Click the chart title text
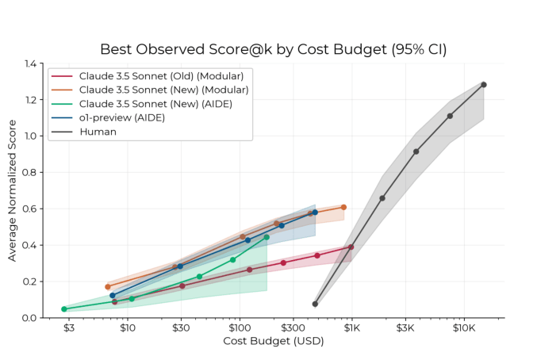[273, 49]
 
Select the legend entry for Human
[98, 132]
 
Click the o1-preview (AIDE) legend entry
[121, 117]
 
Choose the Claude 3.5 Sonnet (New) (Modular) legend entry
[163, 90]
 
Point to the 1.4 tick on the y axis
[31, 63]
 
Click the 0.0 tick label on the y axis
[31, 318]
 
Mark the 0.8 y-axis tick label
[31, 173]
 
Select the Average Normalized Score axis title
[12, 190]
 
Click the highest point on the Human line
[483, 84]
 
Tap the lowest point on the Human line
[315, 304]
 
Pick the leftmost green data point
[64, 309]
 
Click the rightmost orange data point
[343, 207]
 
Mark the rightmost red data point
[351, 247]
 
